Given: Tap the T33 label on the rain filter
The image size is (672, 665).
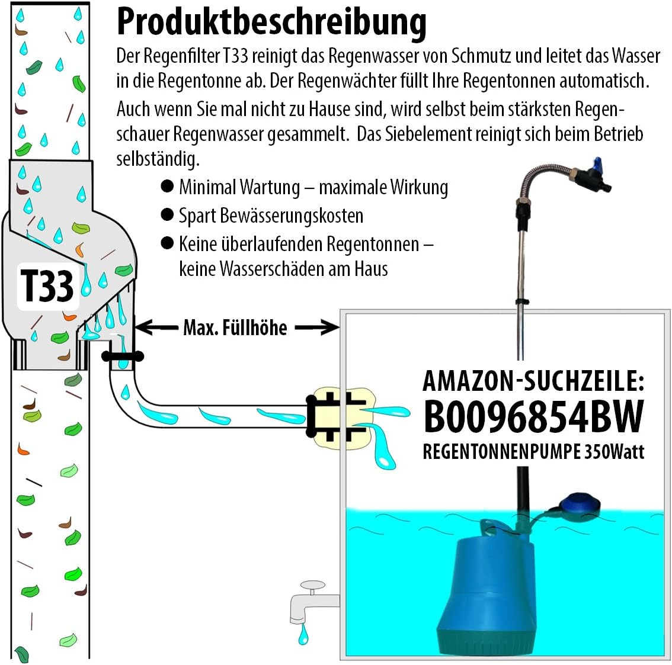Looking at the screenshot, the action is (47, 286).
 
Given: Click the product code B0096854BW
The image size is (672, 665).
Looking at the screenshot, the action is (533, 416).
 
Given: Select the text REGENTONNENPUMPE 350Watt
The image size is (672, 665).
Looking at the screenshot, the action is (533, 451).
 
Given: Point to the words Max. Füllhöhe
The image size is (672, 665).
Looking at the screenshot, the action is (235, 327).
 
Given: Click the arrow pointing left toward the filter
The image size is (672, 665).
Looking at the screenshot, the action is (156, 327).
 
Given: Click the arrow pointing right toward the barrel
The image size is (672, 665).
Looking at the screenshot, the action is (316, 327).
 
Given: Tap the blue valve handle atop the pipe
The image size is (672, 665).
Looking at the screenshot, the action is (596, 163).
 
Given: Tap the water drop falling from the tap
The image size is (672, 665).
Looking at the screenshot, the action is (303, 634).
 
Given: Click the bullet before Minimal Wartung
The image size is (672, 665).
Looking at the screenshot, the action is (167, 187).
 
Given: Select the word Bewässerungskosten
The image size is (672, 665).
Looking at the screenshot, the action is (292, 216).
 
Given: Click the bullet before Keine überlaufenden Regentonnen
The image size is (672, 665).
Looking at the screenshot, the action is (167, 243).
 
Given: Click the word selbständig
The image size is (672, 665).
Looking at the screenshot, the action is (158, 159).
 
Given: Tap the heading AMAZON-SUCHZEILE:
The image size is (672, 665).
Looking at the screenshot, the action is (533, 381).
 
